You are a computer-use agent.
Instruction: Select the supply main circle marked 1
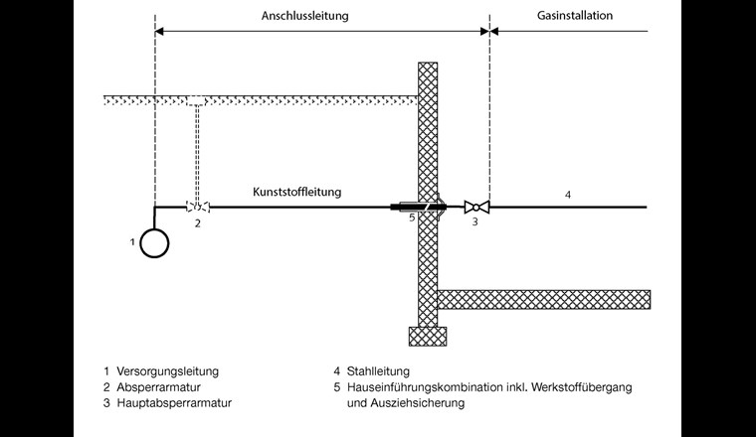click(x=154, y=242)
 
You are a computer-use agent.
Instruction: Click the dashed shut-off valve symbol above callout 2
click(x=198, y=207)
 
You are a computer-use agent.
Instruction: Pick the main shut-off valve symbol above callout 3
click(x=475, y=207)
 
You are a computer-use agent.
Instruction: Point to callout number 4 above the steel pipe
click(x=568, y=195)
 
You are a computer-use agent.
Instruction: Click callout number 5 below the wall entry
click(x=410, y=218)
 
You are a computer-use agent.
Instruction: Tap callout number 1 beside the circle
click(x=131, y=242)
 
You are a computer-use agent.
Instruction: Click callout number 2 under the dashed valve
click(x=198, y=223)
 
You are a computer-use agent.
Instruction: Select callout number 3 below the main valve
click(x=475, y=223)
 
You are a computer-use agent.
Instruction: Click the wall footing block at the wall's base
click(x=428, y=336)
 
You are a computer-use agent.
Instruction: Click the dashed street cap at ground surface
click(x=198, y=100)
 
